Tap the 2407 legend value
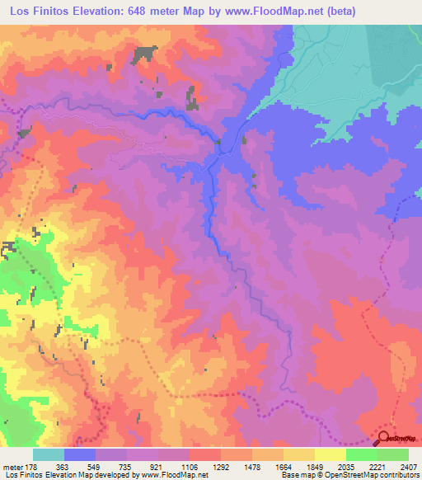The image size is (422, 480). tap(408, 466)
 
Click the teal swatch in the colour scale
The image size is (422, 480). tap(48, 454)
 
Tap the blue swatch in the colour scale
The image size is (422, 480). tap(80, 454)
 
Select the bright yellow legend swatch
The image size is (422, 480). tap(330, 454)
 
